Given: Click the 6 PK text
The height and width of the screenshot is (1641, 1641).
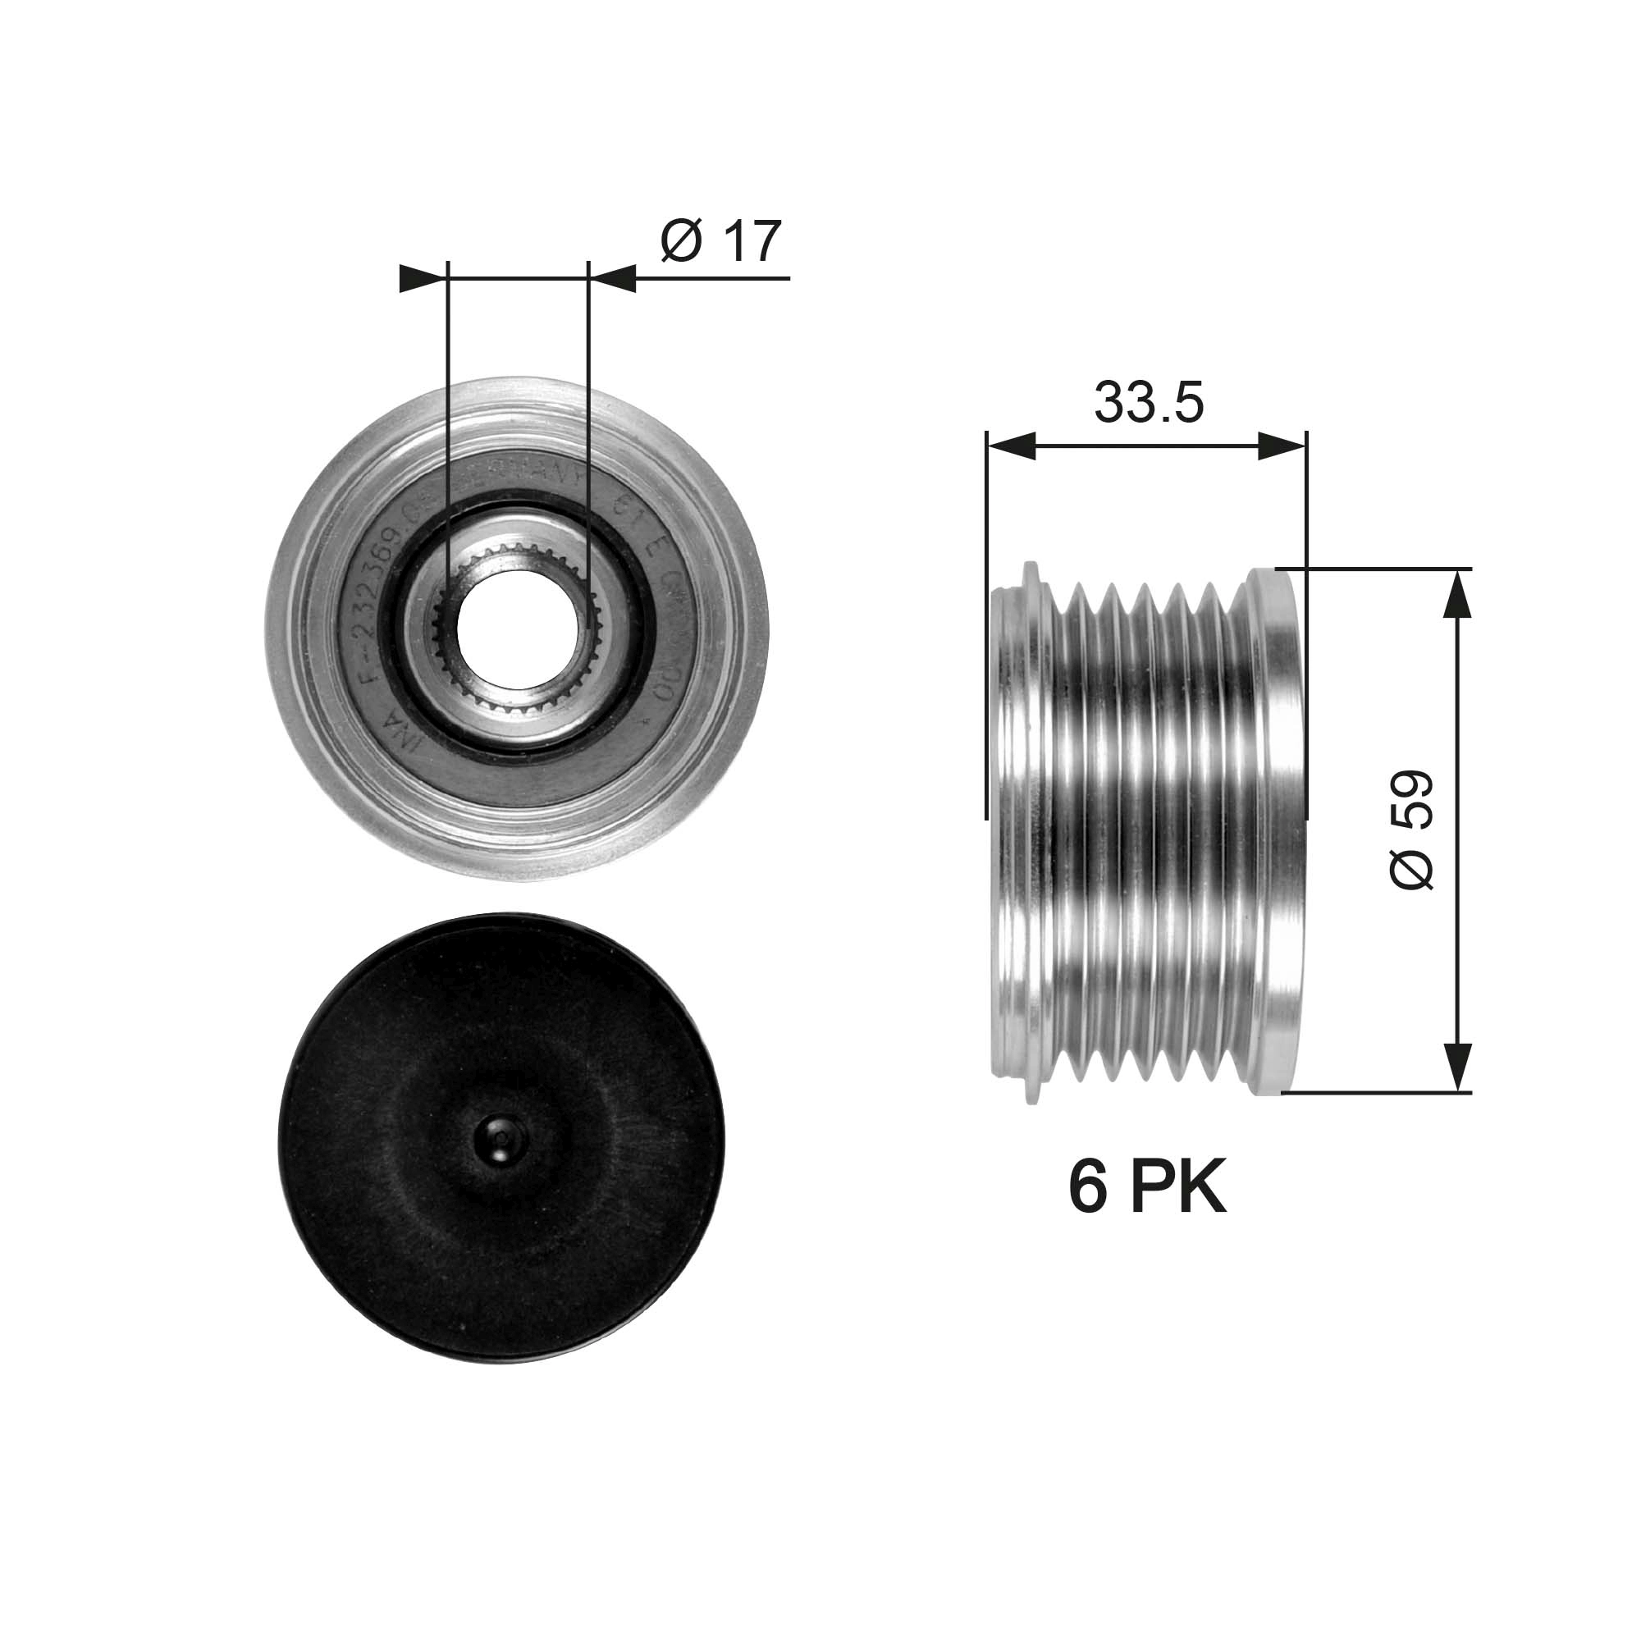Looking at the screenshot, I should point(1147,1190).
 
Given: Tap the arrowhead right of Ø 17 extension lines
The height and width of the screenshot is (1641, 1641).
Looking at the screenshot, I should point(612,278).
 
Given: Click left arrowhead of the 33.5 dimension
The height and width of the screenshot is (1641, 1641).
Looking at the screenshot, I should point(1011,445).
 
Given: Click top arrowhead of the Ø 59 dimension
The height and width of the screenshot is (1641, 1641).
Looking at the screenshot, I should point(1457,595).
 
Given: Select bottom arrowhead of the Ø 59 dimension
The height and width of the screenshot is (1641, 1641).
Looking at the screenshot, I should point(1457,1067).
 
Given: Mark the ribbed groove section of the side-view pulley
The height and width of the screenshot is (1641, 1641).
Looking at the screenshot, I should point(1147,832).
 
